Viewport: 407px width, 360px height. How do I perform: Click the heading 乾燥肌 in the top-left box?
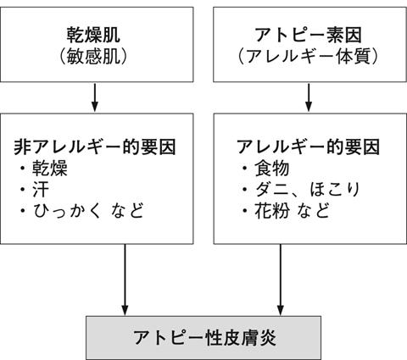(x=93, y=35)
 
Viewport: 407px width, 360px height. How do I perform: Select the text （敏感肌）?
(x=93, y=57)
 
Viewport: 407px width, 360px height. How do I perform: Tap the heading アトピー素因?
(x=309, y=35)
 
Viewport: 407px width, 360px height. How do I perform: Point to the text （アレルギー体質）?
(x=309, y=57)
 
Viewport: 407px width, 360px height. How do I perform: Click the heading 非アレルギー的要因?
(x=95, y=147)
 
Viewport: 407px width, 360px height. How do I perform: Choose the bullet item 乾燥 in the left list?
(x=50, y=169)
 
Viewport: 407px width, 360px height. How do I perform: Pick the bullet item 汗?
(x=41, y=190)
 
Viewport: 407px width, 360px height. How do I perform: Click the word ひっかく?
(x=67, y=211)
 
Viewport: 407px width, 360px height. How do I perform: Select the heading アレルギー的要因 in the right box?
(x=308, y=147)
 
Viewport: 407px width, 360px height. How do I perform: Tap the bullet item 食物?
(x=272, y=169)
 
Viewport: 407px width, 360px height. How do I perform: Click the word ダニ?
(x=272, y=190)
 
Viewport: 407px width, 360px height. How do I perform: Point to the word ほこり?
(x=335, y=190)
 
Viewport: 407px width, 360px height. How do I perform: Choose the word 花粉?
(x=272, y=211)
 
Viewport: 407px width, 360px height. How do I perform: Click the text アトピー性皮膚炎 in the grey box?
(x=204, y=337)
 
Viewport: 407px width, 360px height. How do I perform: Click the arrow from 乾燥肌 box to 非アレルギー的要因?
(x=95, y=97)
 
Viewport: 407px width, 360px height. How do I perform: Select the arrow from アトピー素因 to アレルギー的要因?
(x=309, y=97)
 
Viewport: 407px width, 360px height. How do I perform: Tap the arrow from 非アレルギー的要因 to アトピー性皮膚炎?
(x=125, y=280)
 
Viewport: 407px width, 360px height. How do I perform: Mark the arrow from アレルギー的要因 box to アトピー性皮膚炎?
(x=281, y=280)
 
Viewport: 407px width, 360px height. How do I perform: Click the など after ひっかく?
(x=127, y=211)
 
